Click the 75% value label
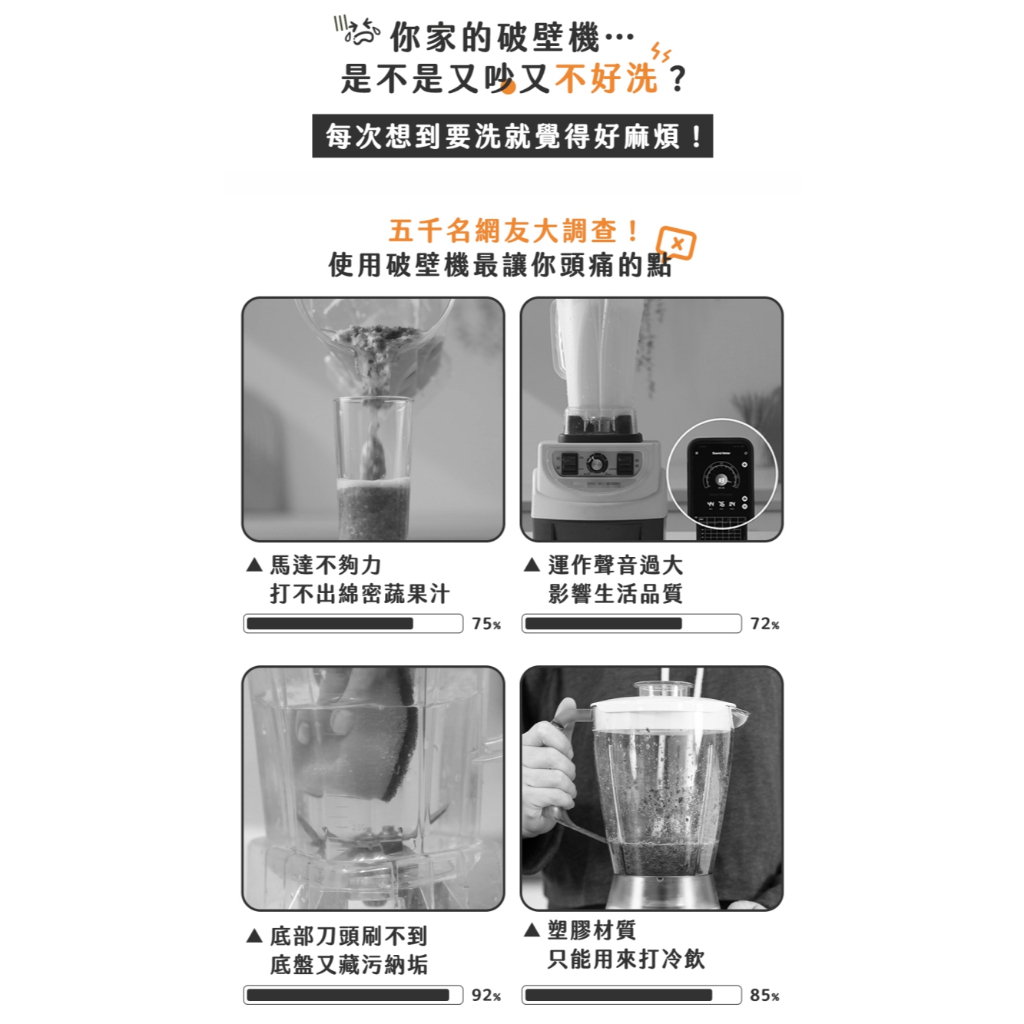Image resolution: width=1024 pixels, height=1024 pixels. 487,624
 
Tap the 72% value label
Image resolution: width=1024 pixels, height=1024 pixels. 765,624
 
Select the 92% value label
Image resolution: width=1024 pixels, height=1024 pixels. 487,995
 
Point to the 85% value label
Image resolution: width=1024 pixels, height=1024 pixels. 765,995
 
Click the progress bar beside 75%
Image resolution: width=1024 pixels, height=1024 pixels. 353,624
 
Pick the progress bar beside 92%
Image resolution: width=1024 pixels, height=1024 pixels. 353,995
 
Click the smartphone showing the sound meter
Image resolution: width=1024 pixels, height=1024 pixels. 721,482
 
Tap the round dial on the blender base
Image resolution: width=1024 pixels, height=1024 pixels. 596,463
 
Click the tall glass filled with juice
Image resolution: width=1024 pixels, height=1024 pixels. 373,468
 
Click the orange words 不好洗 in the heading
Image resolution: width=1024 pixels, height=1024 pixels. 606,78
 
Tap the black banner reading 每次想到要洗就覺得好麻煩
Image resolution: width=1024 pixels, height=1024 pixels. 513,136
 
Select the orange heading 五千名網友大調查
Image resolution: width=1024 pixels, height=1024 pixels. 513,231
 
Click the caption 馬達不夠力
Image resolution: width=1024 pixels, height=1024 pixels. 325,565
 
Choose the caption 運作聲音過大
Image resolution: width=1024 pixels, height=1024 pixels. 615,565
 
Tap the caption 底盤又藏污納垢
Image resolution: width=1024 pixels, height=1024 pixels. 349,965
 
